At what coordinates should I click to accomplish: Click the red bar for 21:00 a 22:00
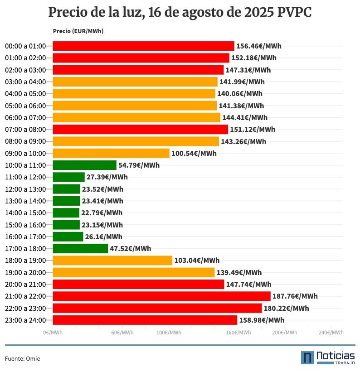[161, 296]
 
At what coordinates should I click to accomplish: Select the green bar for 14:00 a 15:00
[66, 213]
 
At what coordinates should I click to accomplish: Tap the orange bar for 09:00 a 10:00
[111, 153]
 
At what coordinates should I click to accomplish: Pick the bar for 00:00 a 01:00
[143, 46]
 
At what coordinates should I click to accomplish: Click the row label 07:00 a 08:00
[25, 130]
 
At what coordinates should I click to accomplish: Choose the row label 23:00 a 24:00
[25, 320]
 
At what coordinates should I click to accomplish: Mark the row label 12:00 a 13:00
[25, 189]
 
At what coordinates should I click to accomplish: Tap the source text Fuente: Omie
[23, 358]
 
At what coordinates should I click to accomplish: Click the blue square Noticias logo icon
[307, 358]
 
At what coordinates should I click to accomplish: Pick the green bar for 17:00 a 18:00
[80, 249]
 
